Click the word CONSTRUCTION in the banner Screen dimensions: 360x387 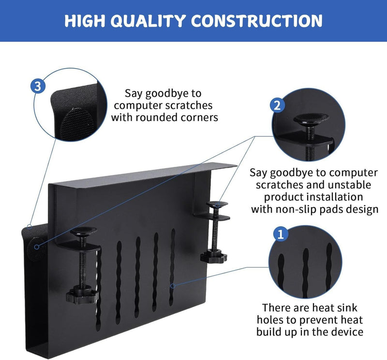[257, 20]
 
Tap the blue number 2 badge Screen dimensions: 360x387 [276, 105]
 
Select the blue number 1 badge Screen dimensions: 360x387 [279, 234]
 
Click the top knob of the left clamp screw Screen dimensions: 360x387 [83, 232]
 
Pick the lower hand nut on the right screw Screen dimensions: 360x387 [213, 255]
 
